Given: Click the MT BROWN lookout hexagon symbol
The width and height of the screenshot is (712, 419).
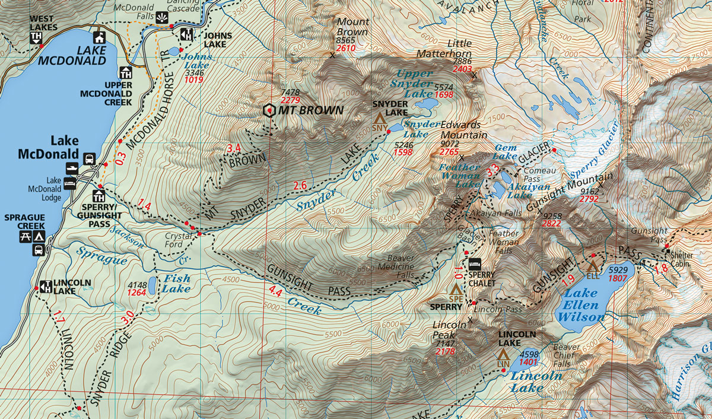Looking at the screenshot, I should click(270, 110).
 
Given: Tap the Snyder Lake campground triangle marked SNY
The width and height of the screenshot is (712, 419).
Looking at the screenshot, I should click(379, 125).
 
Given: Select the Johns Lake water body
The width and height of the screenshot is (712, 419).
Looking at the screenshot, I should click(173, 52).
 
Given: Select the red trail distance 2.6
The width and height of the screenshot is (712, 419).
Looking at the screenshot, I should click(300, 185).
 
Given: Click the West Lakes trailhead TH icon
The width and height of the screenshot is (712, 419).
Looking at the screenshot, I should click(36, 38).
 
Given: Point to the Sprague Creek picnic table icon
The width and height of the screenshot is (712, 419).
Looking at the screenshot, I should click(21, 237).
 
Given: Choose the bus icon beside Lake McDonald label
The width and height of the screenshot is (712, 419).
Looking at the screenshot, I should click(90, 158).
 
